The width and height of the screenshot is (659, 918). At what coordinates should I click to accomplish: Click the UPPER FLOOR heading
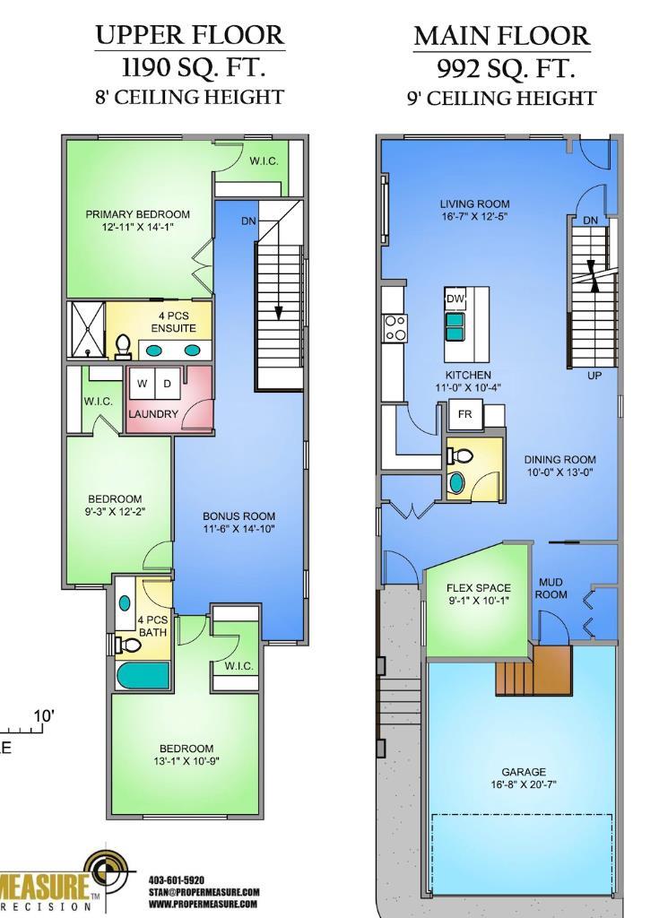click(189, 35)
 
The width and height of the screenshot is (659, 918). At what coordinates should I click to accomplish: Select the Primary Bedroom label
click(137, 221)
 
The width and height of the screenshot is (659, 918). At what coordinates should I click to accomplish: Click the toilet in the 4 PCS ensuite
click(124, 346)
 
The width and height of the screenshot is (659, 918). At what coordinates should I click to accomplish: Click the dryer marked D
click(168, 385)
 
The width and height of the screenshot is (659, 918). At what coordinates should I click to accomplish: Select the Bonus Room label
click(238, 523)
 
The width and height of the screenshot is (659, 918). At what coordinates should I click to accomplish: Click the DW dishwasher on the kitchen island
click(455, 299)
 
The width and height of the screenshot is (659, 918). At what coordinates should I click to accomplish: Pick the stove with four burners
click(395, 327)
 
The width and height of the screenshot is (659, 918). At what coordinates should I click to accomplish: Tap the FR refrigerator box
click(464, 414)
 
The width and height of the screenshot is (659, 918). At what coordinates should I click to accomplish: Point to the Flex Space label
click(479, 594)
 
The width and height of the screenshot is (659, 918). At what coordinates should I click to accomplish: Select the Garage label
click(524, 777)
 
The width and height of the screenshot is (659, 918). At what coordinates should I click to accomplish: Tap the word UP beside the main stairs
click(594, 376)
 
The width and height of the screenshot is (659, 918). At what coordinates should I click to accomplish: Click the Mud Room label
click(551, 588)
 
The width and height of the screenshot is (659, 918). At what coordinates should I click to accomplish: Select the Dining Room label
click(559, 465)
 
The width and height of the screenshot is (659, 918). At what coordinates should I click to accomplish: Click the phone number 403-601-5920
click(177, 880)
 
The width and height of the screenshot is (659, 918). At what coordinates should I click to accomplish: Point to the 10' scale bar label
click(43, 716)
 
